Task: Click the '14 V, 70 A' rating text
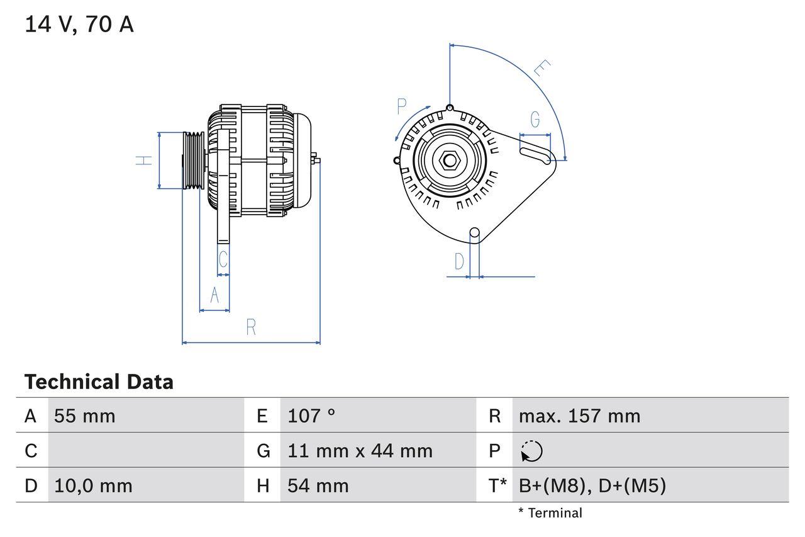pyautogui.click(x=79, y=25)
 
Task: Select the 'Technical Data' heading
pyautogui.click(x=99, y=382)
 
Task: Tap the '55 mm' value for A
pyautogui.click(x=85, y=416)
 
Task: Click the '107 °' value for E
pyautogui.click(x=311, y=416)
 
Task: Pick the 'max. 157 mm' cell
pyautogui.click(x=579, y=416)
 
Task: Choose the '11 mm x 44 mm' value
pyautogui.click(x=360, y=451)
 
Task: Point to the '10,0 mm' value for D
pyautogui.click(x=93, y=486)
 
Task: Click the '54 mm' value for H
pyautogui.click(x=318, y=486)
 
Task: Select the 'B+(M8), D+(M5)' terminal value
pyautogui.click(x=592, y=486)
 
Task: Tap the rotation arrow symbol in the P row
pyautogui.click(x=531, y=451)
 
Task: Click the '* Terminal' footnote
pyautogui.click(x=550, y=513)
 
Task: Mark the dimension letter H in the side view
pyautogui.click(x=145, y=161)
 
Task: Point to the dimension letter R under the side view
pyautogui.click(x=251, y=327)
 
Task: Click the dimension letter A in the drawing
pyautogui.click(x=214, y=295)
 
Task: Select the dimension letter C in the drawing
pyautogui.click(x=223, y=259)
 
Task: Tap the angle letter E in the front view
pyautogui.click(x=541, y=69)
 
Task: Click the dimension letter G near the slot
pyautogui.click(x=535, y=120)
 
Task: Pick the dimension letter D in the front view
pyautogui.click(x=459, y=261)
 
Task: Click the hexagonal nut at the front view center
pyautogui.click(x=449, y=160)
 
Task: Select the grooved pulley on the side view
pyautogui.click(x=193, y=161)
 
